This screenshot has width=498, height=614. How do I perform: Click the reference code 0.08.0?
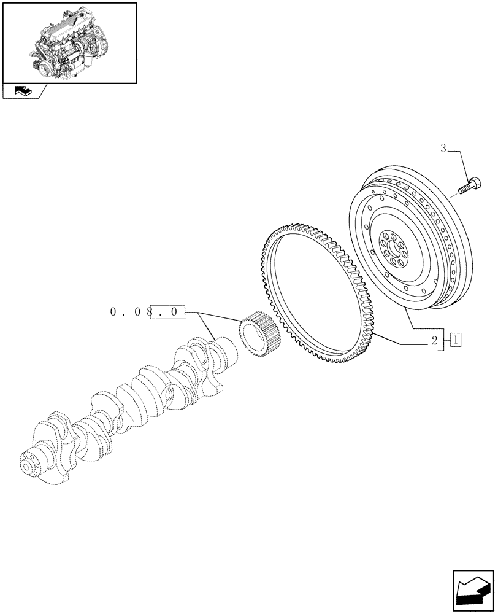pyautogui.click(x=145, y=313)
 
